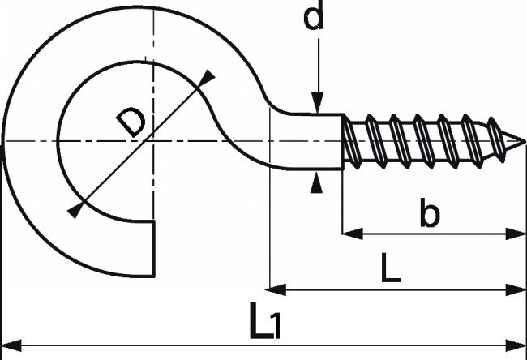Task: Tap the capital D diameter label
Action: pyautogui.click(x=131, y=122)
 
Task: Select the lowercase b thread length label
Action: pyautogui.click(x=430, y=212)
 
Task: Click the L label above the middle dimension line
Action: pyautogui.click(x=391, y=268)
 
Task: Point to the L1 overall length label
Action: pyautogui.click(x=264, y=320)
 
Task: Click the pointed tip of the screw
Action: pyautogui.click(x=525, y=142)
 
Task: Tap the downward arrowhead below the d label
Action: pyautogui.click(x=317, y=102)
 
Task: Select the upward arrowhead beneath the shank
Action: pyautogui.click(x=316, y=183)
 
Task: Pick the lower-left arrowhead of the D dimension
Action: pyautogui.click(x=76, y=209)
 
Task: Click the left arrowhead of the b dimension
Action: pyautogui.click(x=353, y=234)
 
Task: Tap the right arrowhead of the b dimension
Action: pyautogui.click(x=516, y=234)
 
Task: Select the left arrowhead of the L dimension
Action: pyautogui.click(x=276, y=289)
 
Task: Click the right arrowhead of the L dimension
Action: pyautogui.click(x=516, y=289)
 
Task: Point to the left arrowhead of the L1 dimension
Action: pyautogui.click(x=11, y=345)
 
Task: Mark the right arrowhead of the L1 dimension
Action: pyautogui.click(x=516, y=345)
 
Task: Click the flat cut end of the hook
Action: pyautogui.click(x=154, y=249)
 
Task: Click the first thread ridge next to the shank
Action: pyautogui.click(x=352, y=142)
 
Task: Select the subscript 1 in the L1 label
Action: pyautogui.click(x=276, y=325)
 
